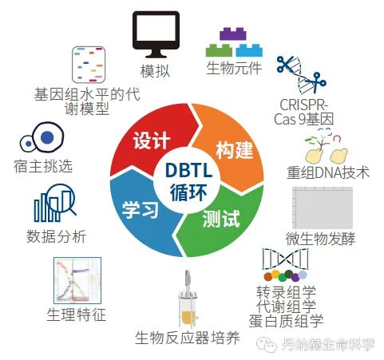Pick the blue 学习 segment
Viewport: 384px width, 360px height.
141,213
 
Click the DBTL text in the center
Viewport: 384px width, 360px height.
188,170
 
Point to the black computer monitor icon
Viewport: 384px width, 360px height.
156,34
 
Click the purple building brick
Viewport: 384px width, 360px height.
233,34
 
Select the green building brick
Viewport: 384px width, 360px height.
219,50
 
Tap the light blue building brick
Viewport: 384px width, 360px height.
249,50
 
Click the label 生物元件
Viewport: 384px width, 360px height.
234,68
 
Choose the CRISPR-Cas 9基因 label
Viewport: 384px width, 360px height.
303,112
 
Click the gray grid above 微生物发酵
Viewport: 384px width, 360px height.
323,208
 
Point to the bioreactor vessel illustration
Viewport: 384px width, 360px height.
188,299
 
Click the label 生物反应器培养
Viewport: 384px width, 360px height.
188,338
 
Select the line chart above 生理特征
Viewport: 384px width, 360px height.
77,280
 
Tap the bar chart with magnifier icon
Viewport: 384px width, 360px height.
55,203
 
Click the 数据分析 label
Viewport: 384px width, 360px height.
56,236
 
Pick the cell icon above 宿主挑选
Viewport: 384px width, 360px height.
42,137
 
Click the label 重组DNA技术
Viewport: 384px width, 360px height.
328,172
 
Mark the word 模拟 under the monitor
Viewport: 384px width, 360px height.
155,71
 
